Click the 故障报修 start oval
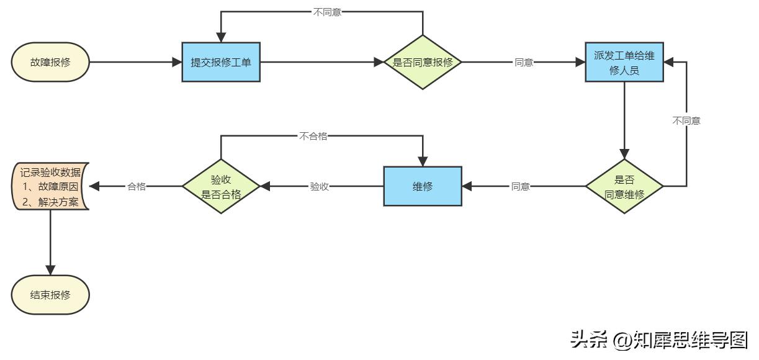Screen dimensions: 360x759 pos(50,62)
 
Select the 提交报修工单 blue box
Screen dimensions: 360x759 pos(220,62)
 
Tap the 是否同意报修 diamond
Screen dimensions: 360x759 pos(423,62)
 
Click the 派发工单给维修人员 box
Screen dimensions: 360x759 pos(624,62)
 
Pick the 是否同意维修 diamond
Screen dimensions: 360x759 pos(624,186)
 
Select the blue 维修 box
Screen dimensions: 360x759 pos(423,186)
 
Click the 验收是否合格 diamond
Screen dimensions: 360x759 pos(221,186)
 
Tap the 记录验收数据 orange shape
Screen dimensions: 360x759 pos(51,186)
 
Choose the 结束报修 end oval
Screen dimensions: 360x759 pos(50,294)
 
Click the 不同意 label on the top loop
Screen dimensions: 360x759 pos(326,12)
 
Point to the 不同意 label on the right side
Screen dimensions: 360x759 pos(686,121)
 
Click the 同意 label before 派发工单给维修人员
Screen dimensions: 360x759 pos(524,63)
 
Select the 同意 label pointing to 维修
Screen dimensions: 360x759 pos(520,186)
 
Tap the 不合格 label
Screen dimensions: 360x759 pos(313,136)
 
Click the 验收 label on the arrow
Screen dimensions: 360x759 pos(319,186)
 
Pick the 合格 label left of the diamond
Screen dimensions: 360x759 pos(137,186)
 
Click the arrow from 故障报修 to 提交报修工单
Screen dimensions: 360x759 pos(133,62)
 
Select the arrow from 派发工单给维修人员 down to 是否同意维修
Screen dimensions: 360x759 pos(624,121)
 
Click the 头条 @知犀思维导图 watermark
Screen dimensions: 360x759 pos(659,340)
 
